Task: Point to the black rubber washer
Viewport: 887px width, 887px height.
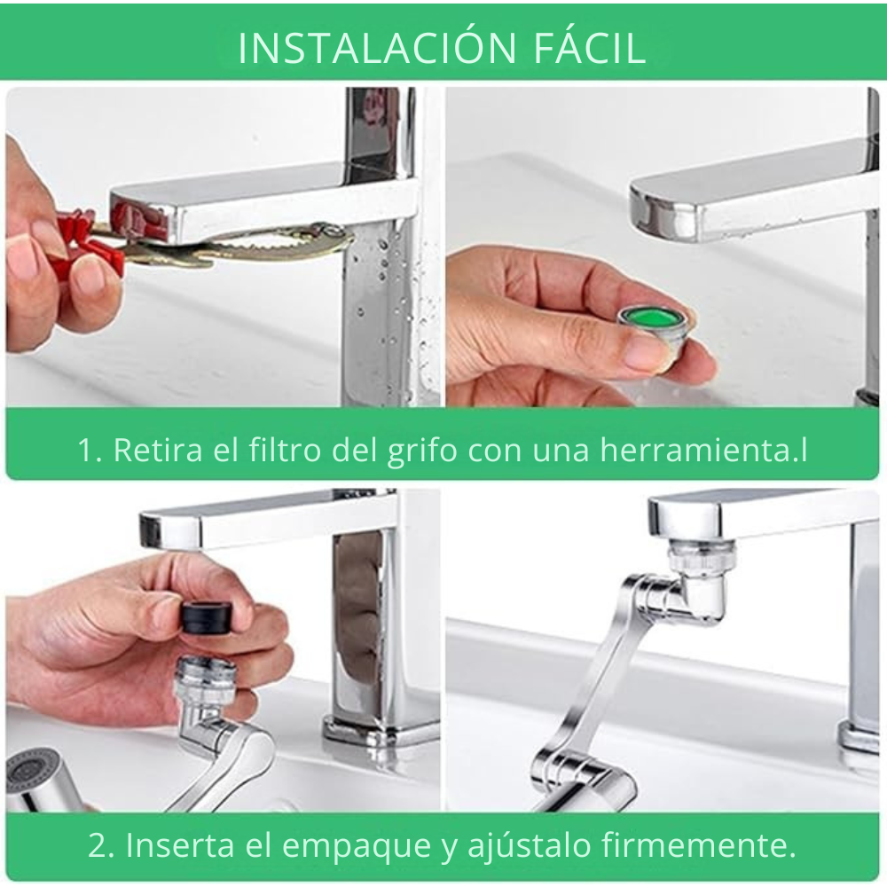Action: click(207, 617)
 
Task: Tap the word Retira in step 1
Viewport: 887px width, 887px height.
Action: click(158, 450)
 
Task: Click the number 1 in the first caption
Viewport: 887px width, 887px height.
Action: click(85, 451)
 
